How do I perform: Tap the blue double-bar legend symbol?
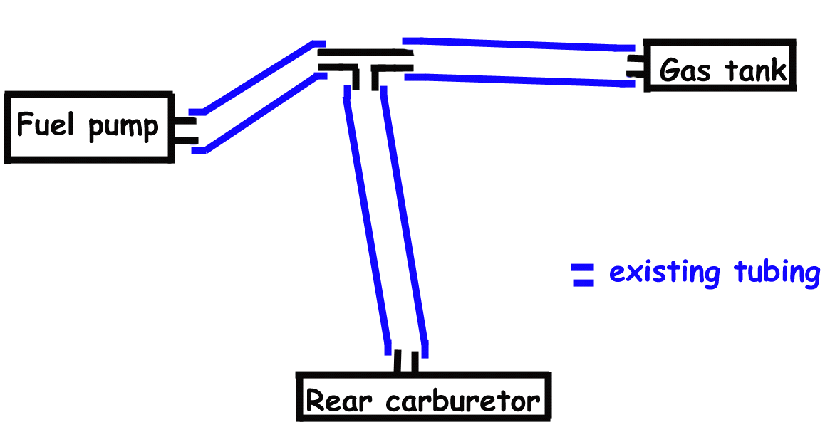click(583, 275)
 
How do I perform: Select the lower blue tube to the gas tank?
click(520, 79)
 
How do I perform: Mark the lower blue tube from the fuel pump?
click(260, 112)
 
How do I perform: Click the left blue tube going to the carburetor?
click(368, 221)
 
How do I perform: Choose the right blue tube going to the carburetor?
click(404, 221)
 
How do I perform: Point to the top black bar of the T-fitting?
click(365, 53)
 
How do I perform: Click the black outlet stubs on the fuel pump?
click(184, 130)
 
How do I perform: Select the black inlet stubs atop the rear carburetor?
click(406, 362)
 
